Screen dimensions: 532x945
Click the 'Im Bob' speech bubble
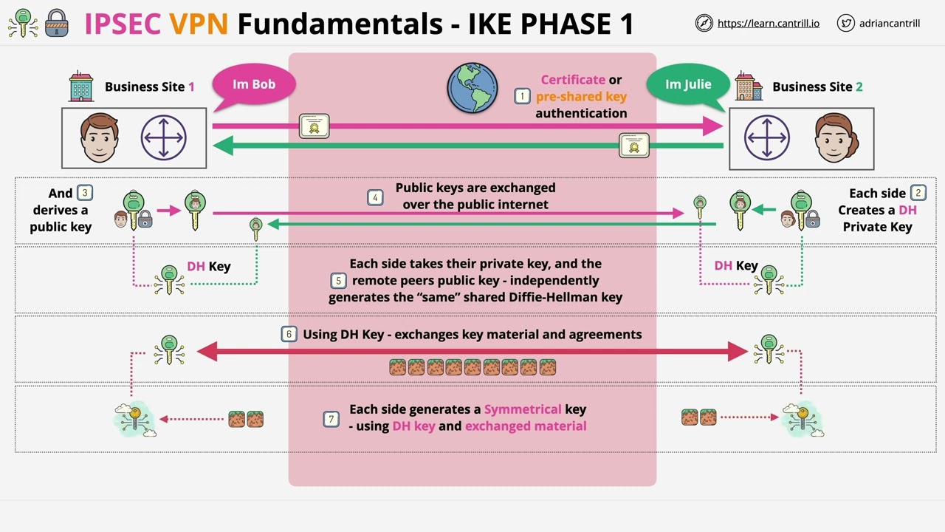point(253,84)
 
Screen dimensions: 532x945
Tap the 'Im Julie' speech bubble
point(687,84)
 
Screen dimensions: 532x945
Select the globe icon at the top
point(472,88)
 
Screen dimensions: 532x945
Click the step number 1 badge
point(523,96)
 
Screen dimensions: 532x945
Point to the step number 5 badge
point(338,281)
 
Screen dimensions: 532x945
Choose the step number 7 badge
point(331,419)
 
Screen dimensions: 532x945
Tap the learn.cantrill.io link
point(768,23)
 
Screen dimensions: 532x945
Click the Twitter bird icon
point(846,23)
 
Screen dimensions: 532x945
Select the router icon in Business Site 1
point(164,138)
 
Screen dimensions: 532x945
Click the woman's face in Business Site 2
point(836,138)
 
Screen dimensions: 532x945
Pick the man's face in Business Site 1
point(100,138)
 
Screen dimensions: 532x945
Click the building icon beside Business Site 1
point(81,86)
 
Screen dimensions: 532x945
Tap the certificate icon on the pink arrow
point(315,126)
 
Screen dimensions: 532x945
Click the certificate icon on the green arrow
point(633,146)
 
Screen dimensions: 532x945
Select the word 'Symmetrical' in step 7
point(523,409)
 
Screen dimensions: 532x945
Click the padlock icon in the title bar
point(57,23)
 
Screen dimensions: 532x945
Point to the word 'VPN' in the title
point(199,24)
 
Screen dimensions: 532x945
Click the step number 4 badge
point(375,197)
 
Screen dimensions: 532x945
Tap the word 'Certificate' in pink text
point(573,80)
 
